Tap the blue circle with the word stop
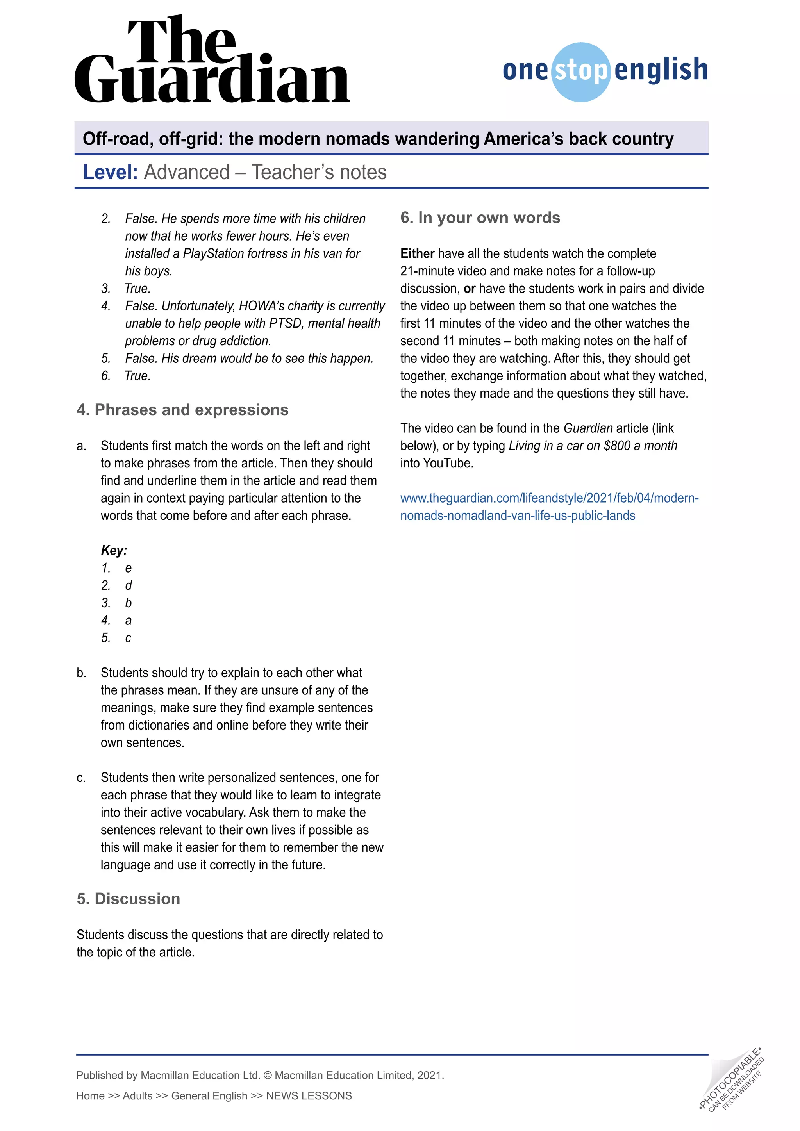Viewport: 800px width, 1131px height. pyautogui.click(x=581, y=72)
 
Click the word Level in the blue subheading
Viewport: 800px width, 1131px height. pyautogui.click(x=110, y=172)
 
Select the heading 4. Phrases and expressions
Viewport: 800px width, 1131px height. pyautogui.click(x=182, y=410)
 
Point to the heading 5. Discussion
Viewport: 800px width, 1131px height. pyautogui.click(x=128, y=899)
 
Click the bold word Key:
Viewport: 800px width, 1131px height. pyautogui.click(x=114, y=550)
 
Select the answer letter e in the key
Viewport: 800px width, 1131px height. pyautogui.click(x=128, y=568)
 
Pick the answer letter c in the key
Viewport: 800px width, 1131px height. pyautogui.click(x=128, y=638)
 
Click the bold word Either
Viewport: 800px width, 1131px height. pyautogui.click(x=417, y=254)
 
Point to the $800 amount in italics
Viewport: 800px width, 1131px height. pyautogui.click(x=617, y=446)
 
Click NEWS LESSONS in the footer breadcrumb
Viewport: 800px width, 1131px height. pyautogui.click(x=309, y=1095)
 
